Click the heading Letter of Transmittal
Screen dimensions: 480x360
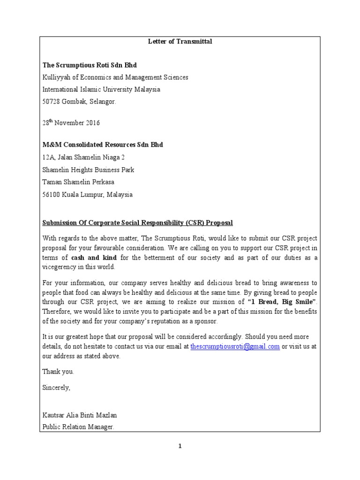[x=180, y=42]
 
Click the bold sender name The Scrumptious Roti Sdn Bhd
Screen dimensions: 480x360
[x=90, y=65]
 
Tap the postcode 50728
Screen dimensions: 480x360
[x=52, y=101]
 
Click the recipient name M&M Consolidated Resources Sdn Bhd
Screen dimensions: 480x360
[x=103, y=145]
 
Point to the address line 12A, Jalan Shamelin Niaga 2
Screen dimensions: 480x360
[x=83, y=157]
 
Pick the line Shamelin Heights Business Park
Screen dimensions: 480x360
[x=88, y=170]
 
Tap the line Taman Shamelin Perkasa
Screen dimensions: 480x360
[x=78, y=182]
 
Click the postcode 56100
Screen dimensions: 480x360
[x=52, y=195]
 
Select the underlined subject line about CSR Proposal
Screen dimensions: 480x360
[x=137, y=223]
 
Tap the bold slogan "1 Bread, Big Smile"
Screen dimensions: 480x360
[x=282, y=301]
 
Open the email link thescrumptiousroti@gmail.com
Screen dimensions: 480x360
[x=235, y=346]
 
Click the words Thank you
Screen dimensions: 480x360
[x=58, y=372]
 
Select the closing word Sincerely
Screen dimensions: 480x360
[x=56, y=388]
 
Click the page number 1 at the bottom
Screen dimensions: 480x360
[x=180, y=446]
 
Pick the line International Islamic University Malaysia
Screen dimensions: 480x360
[x=101, y=89]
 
